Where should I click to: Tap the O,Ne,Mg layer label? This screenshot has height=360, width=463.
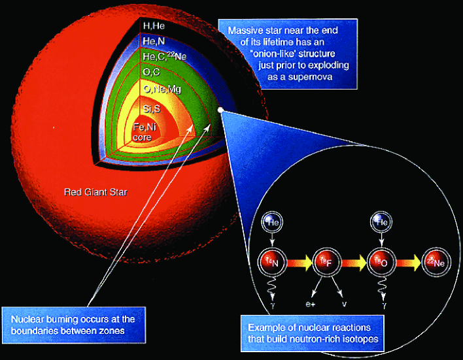point(159,88)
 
